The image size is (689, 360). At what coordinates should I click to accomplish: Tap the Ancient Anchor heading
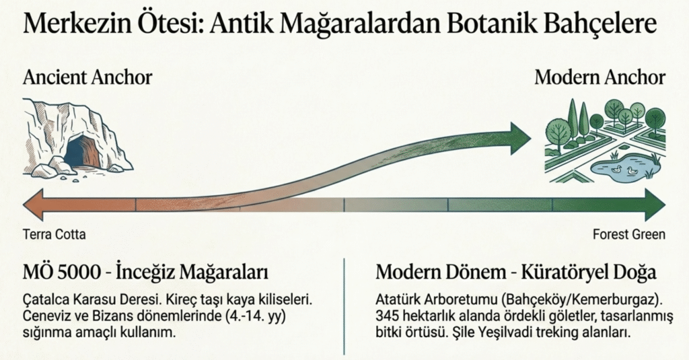87,78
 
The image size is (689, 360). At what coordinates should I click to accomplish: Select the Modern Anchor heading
600,78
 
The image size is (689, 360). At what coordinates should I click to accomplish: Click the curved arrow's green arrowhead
521,139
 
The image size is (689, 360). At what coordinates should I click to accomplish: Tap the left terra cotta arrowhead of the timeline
34,205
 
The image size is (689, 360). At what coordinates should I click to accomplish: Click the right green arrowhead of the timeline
655,205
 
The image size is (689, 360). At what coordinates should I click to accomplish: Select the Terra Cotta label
54,234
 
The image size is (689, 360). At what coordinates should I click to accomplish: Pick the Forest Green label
629,234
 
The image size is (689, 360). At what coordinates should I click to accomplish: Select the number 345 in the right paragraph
387,316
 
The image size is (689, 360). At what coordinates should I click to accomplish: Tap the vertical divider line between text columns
344,306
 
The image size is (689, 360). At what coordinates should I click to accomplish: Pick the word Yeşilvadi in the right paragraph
499,332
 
